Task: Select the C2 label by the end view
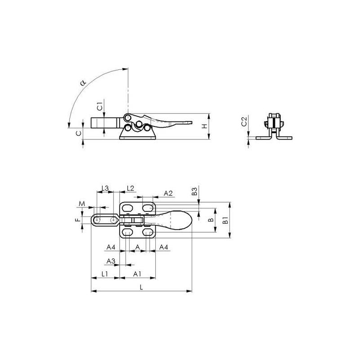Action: coord(244,121)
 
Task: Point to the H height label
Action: coord(204,126)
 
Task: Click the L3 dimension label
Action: coord(105,188)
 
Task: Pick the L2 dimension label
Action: coord(130,188)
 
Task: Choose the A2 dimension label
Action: coord(168,193)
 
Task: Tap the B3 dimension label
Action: coord(194,191)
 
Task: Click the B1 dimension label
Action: coord(226,220)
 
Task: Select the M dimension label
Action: coord(82,203)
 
